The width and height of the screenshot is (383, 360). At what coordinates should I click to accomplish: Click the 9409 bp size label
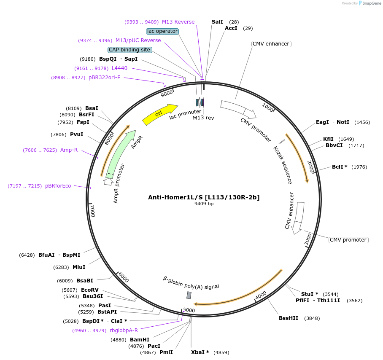[x=204, y=204]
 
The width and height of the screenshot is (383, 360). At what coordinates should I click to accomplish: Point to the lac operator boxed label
[x=162, y=31]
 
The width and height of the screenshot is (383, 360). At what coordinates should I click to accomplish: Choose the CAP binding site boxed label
[x=130, y=50]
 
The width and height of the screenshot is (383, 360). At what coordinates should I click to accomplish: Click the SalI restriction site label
[x=217, y=21]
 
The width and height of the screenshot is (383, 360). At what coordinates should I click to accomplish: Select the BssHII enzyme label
[x=289, y=318]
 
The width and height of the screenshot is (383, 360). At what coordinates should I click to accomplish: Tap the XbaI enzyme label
[x=200, y=352]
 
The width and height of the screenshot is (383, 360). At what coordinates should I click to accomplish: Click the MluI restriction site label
[x=79, y=267]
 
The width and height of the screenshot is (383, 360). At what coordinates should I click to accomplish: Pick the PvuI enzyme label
[x=77, y=134]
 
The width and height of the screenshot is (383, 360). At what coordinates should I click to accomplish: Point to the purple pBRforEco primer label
[x=58, y=186]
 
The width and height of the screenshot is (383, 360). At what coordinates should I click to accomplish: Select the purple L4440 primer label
[x=119, y=68]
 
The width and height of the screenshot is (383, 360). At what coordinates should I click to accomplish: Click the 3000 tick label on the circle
[x=308, y=239]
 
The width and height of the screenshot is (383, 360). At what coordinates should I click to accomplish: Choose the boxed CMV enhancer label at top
[x=271, y=44]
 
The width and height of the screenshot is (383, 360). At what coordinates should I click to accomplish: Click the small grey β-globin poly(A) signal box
[x=189, y=295]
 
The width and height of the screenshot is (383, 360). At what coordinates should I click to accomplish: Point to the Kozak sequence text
[x=283, y=165]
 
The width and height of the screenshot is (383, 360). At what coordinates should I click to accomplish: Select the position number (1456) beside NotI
[x=362, y=122]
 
